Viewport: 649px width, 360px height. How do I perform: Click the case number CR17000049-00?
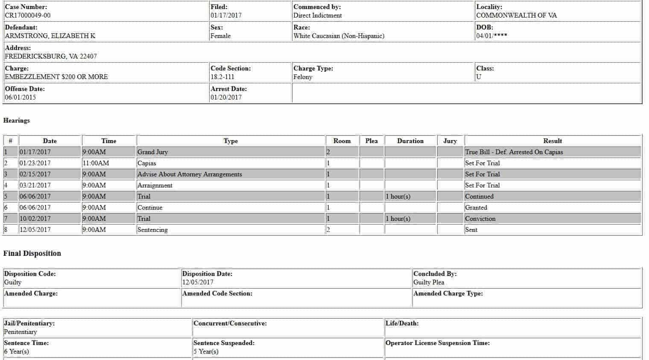(x=28, y=15)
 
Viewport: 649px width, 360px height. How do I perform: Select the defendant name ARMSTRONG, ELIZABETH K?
(x=50, y=36)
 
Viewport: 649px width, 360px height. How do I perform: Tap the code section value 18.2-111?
(x=222, y=77)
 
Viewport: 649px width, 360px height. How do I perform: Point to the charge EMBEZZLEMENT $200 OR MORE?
(x=56, y=77)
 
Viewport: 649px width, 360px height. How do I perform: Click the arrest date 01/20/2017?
(x=226, y=97)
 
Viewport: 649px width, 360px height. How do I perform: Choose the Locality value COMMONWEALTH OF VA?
(x=516, y=15)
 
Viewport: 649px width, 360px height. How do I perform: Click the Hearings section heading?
(x=17, y=120)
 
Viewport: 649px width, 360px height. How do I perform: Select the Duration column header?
(x=410, y=141)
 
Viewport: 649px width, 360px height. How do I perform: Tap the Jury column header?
(x=450, y=141)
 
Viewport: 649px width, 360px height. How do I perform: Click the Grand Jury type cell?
(x=152, y=152)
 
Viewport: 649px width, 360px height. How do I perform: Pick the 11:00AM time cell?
(x=96, y=163)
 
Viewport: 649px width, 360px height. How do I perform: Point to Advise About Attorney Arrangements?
(x=190, y=174)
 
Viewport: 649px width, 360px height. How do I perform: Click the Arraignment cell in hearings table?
(x=155, y=185)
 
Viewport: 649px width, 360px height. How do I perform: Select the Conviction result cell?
(x=480, y=219)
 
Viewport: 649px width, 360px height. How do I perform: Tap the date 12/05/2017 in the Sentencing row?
(x=35, y=230)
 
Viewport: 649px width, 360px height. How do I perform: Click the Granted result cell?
(x=476, y=208)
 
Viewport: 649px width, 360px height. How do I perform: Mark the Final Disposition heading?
(x=32, y=253)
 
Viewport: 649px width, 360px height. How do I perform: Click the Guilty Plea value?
(x=429, y=282)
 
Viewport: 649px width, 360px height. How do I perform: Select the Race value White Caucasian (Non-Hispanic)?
(x=339, y=36)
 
